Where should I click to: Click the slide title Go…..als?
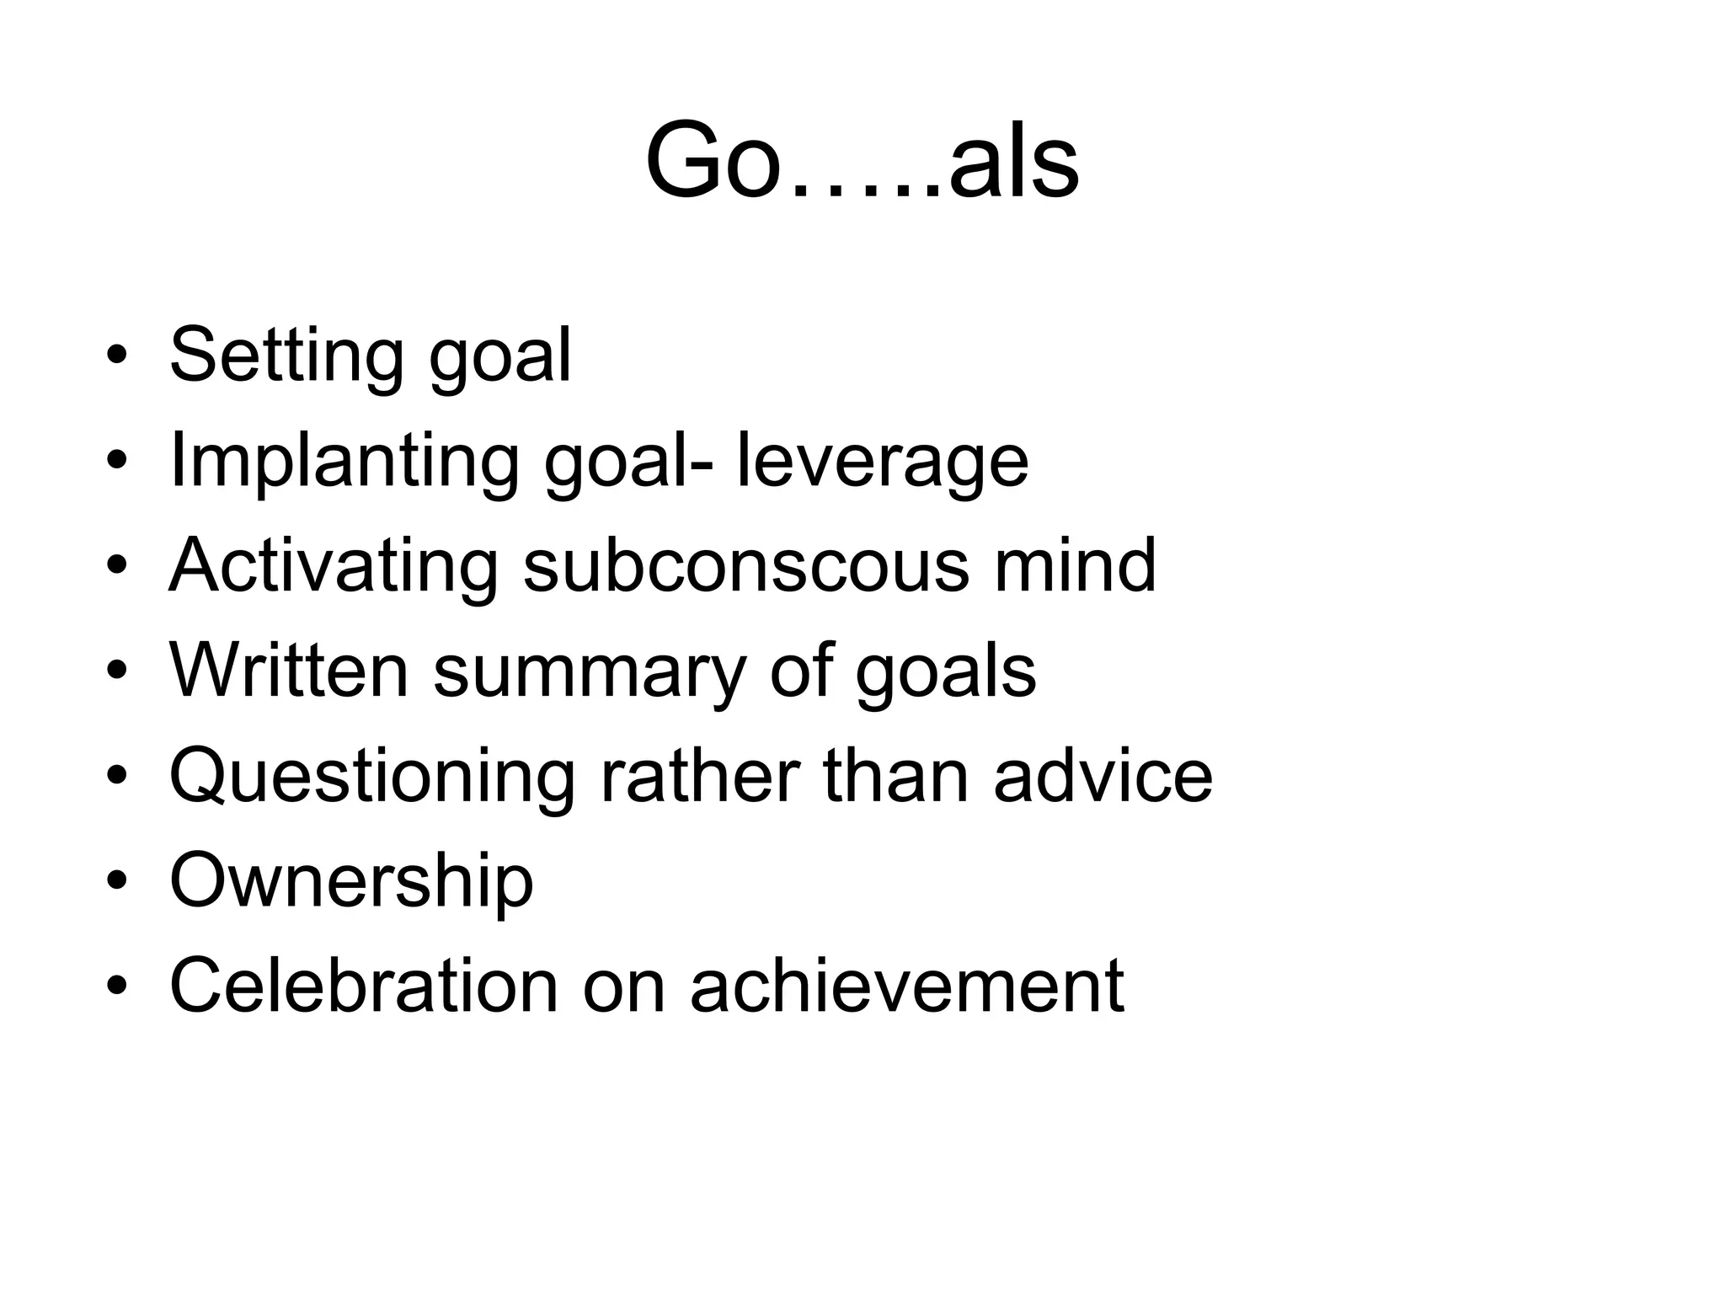pos(862,160)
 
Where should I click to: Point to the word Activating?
pos(334,565)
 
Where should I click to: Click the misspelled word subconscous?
pos(746,565)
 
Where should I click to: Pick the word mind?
pos(1075,565)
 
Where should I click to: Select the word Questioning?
pos(372,776)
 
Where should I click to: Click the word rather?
pos(700,776)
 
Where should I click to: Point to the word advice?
pos(1103,776)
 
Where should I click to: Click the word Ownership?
pos(351,881)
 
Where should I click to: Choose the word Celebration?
pos(364,986)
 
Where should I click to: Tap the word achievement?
pos(907,986)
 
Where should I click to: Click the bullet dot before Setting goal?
pos(116,355)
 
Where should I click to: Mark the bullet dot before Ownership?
pos(116,881)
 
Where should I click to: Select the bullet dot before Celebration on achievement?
pos(116,986)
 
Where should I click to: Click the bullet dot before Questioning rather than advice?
pos(116,776)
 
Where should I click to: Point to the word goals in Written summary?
pos(945,672)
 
